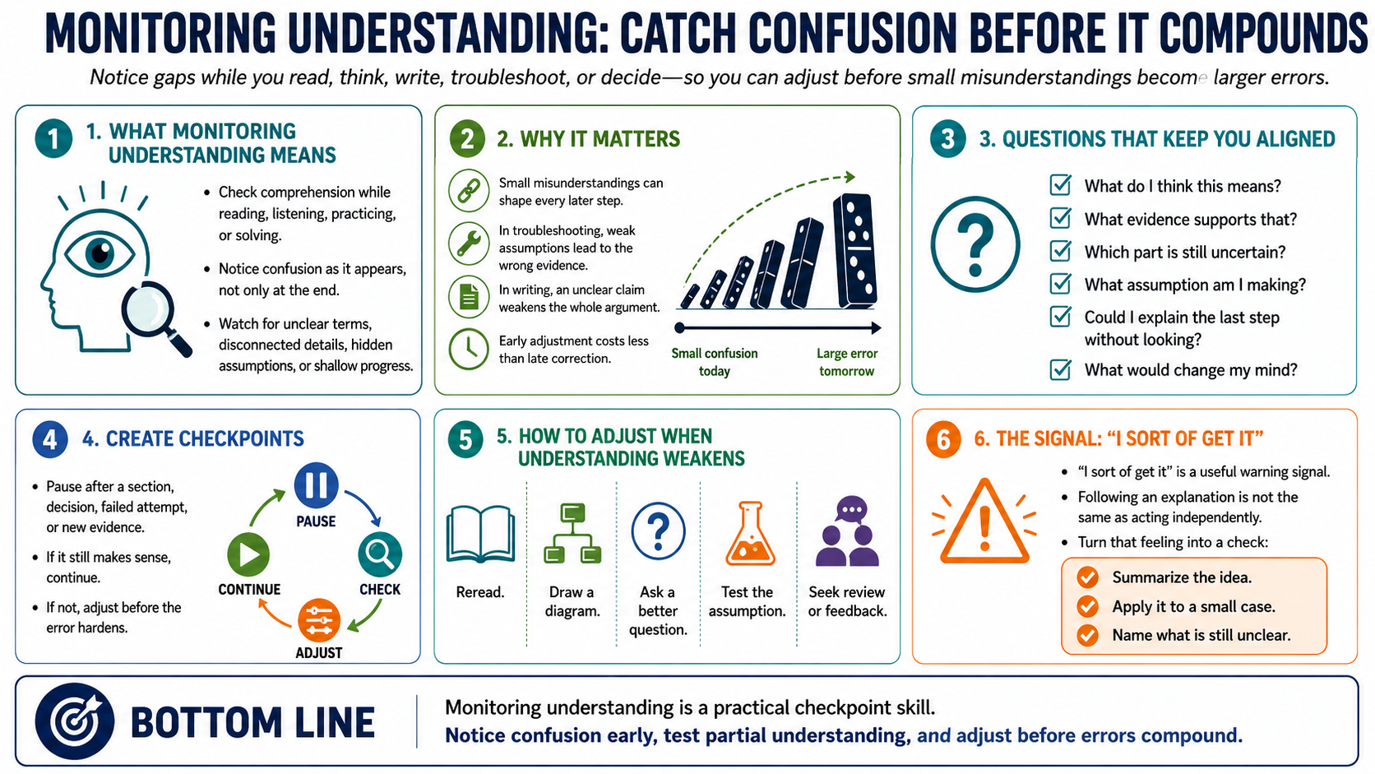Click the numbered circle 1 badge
53,139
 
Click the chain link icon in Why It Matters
469,190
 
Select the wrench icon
469,243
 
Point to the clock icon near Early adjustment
469,349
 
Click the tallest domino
854,250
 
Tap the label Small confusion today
715,362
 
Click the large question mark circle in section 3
975,244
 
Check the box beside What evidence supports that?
1060,218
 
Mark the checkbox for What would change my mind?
1060,368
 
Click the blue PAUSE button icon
316,485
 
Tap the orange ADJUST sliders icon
319,620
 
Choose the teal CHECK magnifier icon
380,555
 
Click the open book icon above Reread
480,534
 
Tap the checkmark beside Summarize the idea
1087,577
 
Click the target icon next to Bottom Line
75,721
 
